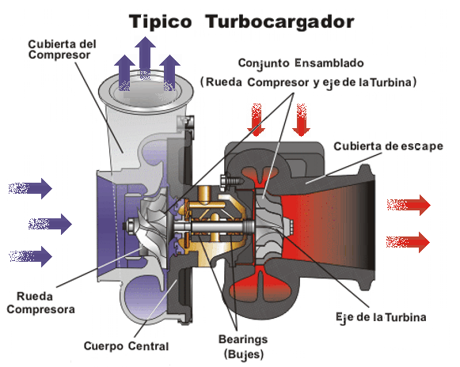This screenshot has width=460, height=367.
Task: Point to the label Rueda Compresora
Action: (x=41, y=302)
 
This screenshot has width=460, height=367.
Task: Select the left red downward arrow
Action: (x=256, y=119)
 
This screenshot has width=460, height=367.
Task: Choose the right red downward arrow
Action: (x=301, y=119)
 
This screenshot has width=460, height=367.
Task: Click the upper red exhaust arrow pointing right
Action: (x=409, y=206)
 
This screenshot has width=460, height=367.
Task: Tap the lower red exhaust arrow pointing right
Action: (x=409, y=240)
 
